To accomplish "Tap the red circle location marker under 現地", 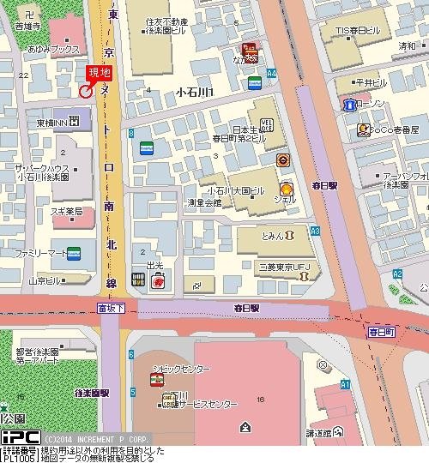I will coord(86,91).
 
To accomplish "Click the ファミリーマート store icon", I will coord(75,254).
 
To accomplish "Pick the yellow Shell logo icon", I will coord(287,189).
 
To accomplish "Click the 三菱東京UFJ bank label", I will coord(284,267).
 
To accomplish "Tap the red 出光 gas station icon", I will coord(158,280).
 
